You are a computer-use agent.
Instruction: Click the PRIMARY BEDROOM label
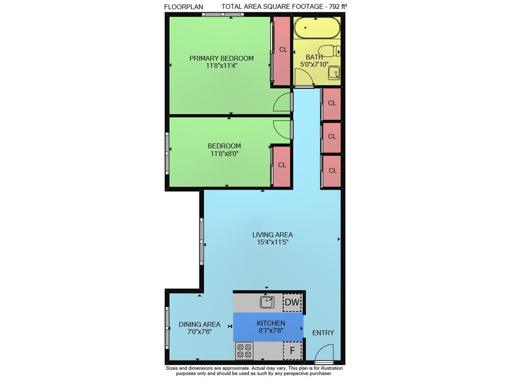click(x=222, y=58)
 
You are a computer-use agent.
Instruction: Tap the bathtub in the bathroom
click(x=313, y=28)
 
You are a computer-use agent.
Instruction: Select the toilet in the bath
click(x=330, y=51)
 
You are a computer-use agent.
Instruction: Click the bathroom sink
click(x=334, y=73)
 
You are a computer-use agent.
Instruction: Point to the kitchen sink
click(x=267, y=302)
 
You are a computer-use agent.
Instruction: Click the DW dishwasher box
click(x=292, y=302)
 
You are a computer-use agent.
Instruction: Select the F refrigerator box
click(x=292, y=351)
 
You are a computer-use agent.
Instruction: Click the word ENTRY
click(x=323, y=333)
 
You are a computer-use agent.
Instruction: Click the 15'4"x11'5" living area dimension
click(x=273, y=242)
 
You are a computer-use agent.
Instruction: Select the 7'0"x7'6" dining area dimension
click(x=199, y=332)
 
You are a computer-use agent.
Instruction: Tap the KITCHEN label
click(x=271, y=323)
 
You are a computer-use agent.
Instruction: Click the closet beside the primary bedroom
click(x=282, y=51)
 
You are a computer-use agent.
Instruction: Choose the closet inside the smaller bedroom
click(x=282, y=167)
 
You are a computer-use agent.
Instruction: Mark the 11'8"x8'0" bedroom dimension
click(x=225, y=153)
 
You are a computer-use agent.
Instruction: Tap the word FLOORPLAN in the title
click(x=183, y=7)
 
